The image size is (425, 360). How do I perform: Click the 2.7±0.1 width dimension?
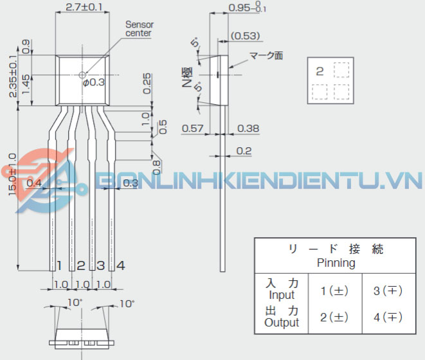point(84,8)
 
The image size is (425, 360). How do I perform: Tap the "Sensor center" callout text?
point(139,28)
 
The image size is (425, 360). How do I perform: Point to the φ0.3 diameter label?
point(93,82)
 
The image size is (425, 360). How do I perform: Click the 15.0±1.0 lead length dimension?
point(12,179)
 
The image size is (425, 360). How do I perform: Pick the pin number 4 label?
point(121,265)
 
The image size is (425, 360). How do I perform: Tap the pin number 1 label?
point(59,265)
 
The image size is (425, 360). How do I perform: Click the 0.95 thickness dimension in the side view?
point(242,8)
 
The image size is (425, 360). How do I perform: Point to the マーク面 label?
point(267,56)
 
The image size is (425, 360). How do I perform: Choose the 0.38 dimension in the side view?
point(248,129)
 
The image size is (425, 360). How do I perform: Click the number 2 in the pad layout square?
point(320,71)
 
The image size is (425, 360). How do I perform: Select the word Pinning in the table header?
point(336,263)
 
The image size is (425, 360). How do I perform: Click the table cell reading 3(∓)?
point(388,291)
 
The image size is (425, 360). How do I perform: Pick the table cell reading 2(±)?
point(334,317)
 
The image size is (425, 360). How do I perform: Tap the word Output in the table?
point(282,322)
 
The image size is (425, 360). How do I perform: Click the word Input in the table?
point(282,295)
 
